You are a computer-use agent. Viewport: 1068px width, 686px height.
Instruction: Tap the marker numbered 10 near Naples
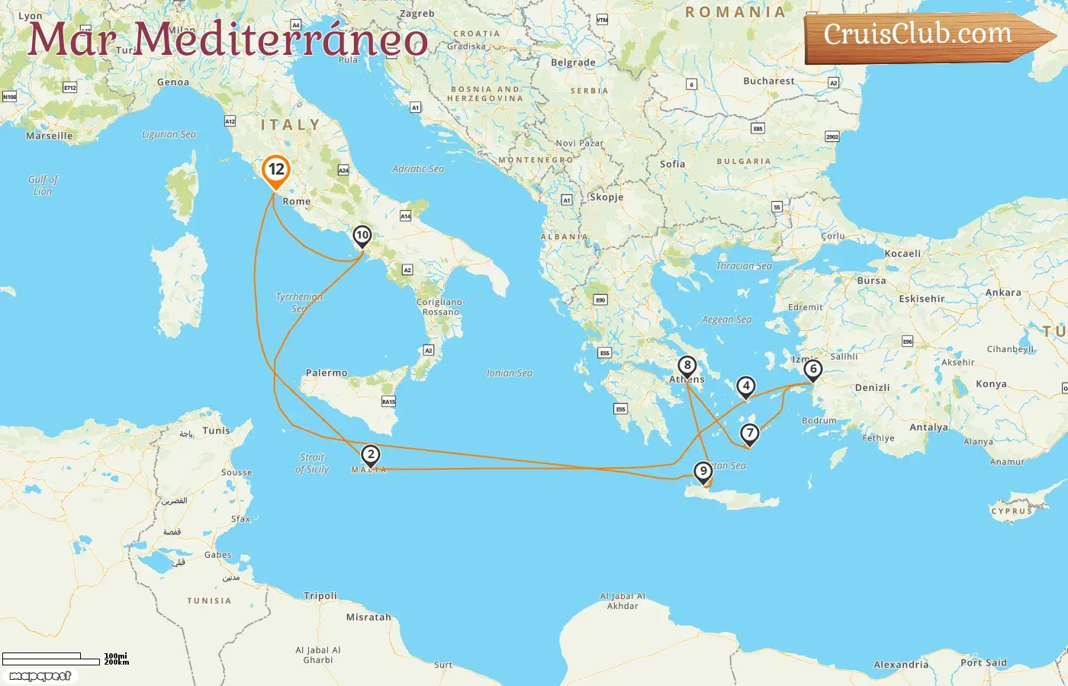point(362,236)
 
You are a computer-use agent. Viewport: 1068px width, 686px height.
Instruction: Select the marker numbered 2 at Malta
point(370,456)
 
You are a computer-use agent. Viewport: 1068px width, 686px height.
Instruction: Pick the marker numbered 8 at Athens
point(687,367)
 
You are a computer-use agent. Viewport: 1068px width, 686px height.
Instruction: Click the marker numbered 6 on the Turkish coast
point(813,370)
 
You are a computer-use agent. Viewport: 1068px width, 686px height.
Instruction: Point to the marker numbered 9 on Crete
point(703,472)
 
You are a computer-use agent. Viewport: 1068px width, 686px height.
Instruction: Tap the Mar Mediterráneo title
point(227,40)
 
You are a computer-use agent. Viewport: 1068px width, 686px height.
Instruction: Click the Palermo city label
point(327,373)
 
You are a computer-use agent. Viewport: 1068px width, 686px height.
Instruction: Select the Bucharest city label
point(769,81)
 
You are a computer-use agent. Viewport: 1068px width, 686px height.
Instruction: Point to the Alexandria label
point(901,665)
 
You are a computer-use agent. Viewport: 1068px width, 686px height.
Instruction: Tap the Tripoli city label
point(320,596)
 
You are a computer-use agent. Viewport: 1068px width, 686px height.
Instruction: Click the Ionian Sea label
point(510,373)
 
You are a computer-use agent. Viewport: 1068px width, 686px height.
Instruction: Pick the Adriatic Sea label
point(418,168)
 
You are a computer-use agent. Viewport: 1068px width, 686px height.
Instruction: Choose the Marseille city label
point(50,136)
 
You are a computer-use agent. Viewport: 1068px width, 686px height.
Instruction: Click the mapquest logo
point(40,676)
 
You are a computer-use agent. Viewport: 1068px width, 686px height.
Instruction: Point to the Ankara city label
point(1003,293)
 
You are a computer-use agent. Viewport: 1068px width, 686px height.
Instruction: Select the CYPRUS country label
point(1012,511)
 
